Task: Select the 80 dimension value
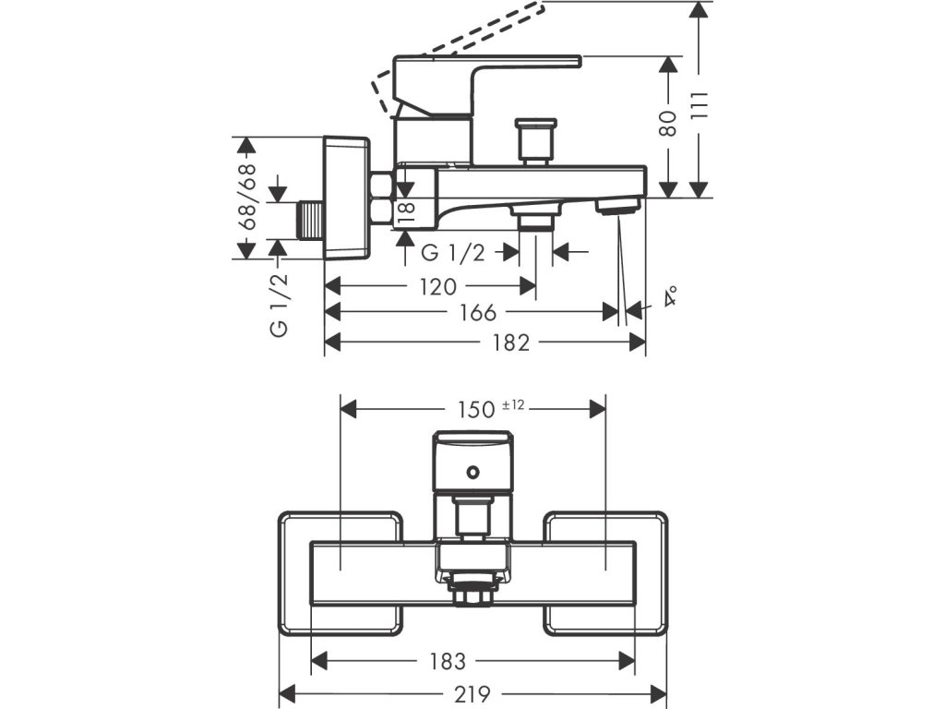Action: click(x=668, y=124)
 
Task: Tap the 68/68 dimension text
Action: click(x=246, y=198)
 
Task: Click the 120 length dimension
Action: click(x=438, y=287)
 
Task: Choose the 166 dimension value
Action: click(x=478, y=312)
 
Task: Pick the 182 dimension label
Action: click(x=510, y=342)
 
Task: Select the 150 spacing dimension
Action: click(x=475, y=410)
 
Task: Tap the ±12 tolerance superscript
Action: click(x=513, y=405)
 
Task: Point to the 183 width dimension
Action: click(x=448, y=661)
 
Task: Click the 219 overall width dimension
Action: click(x=472, y=694)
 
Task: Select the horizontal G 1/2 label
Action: click(x=452, y=253)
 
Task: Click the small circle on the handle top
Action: click(x=473, y=471)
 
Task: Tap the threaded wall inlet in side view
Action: click(x=311, y=222)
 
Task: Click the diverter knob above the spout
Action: click(x=535, y=141)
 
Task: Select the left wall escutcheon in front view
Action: click(x=341, y=574)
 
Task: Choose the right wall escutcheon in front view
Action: click(x=605, y=574)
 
